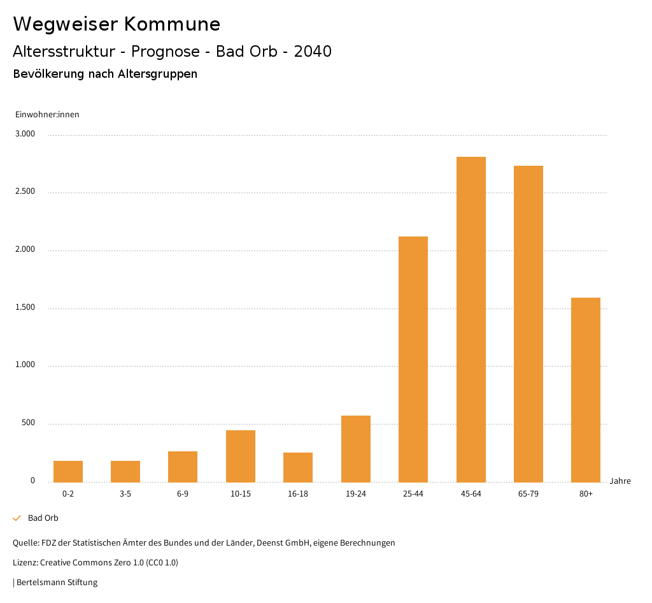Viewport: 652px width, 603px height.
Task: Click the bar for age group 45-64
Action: click(x=471, y=319)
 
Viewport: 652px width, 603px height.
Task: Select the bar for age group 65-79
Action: click(x=528, y=323)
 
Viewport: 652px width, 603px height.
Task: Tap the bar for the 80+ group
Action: click(x=586, y=389)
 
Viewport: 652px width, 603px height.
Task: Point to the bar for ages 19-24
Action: click(x=356, y=449)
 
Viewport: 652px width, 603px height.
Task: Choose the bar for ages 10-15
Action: click(x=241, y=456)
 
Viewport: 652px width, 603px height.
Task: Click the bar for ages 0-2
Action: click(x=68, y=471)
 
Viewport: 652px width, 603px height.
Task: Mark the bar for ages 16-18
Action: click(x=298, y=467)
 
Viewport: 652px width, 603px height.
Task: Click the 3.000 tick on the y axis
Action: click(x=26, y=134)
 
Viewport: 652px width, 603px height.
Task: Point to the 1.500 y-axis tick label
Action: click(x=26, y=308)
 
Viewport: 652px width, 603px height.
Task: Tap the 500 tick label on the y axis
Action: click(x=29, y=423)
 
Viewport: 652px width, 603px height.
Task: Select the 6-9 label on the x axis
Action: click(x=183, y=494)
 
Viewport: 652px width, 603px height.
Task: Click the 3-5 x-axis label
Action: click(x=125, y=494)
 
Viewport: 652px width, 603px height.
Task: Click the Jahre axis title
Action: click(x=620, y=481)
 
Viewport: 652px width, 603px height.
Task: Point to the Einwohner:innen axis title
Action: click(x=47, y=115)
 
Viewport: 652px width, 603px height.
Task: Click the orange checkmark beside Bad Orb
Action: click(x=17, y=518)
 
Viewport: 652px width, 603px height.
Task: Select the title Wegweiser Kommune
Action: click(x=117, y=24)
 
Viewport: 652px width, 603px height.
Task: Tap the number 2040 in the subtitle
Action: click(x=313, y=52)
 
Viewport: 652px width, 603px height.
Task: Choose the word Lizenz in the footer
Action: click(x=25, y=563)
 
